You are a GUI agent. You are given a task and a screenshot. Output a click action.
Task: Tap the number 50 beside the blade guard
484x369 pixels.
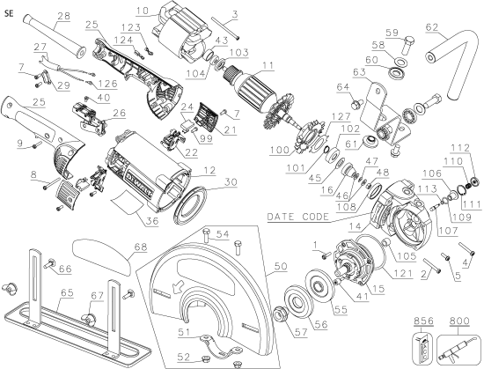(280, 264)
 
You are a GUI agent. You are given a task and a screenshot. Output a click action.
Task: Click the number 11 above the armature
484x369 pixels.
(266, 65)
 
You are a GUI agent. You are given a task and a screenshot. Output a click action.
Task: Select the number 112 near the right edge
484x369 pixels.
(466, 147)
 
